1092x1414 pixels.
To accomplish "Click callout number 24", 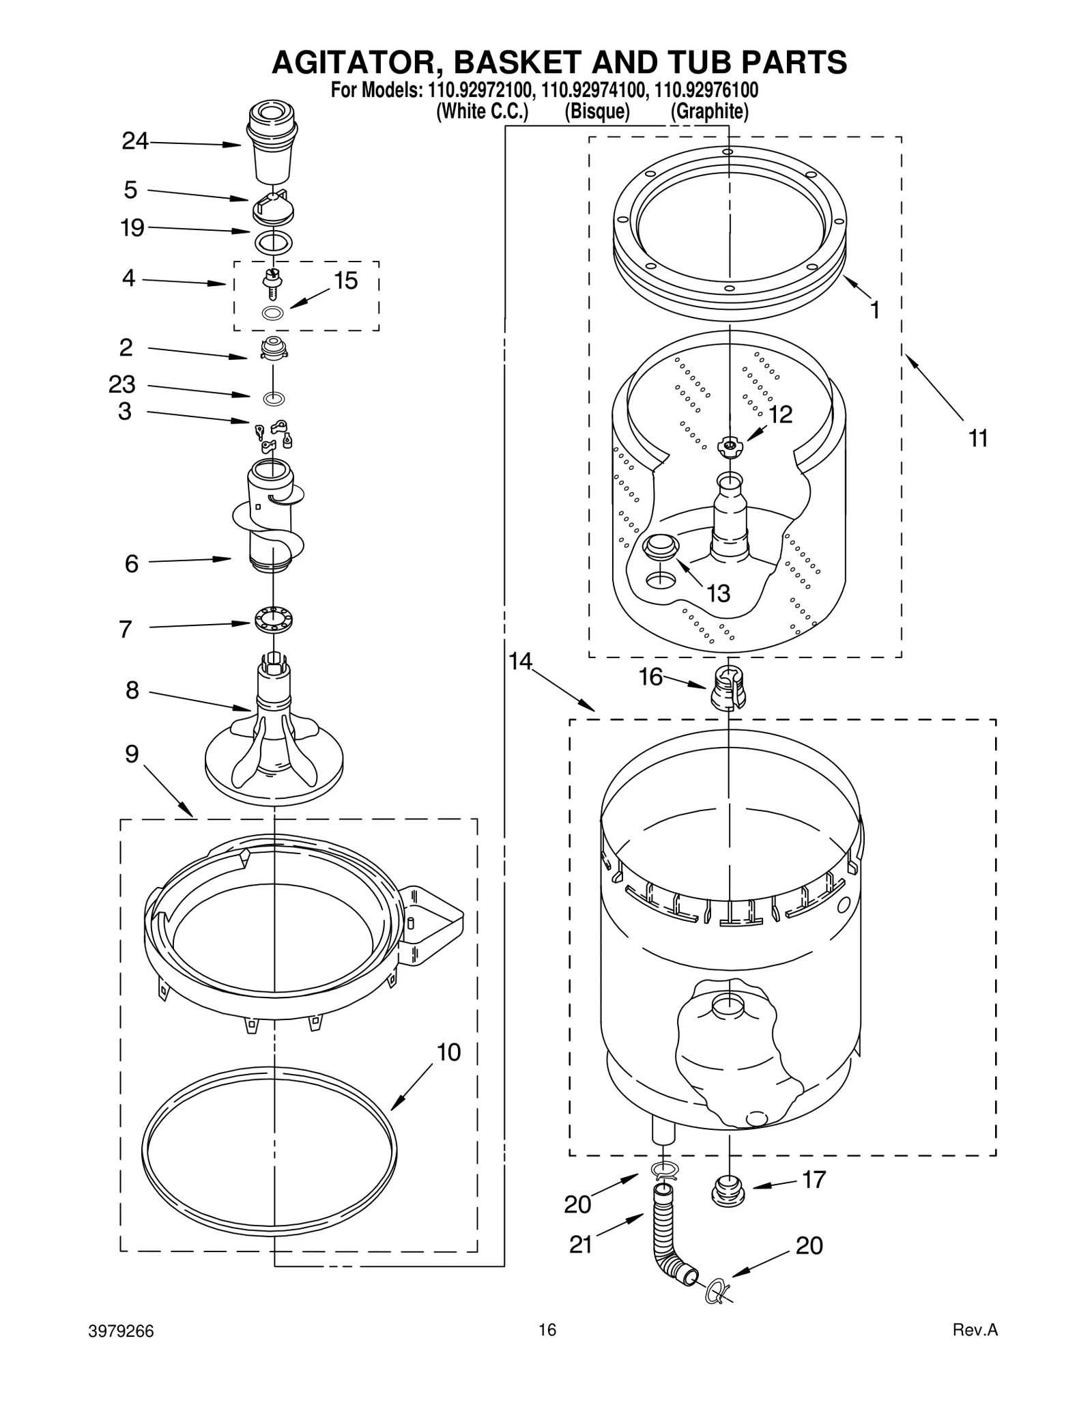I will pos(134,141).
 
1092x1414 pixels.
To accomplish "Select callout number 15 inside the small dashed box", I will pos(346,281).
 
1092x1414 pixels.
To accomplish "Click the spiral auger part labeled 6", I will pos(272,519).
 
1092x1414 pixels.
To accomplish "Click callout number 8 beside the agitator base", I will pos(132,690).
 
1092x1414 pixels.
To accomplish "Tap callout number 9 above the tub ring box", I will pos(132,754).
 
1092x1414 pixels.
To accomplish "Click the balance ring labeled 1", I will pos(729,232).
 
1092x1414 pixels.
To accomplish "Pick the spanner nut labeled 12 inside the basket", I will pos(729,446).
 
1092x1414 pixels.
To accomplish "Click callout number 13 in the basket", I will pos(718,593).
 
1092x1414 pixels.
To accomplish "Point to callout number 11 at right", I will pos(978,438).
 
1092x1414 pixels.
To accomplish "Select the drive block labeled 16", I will pos(728,689).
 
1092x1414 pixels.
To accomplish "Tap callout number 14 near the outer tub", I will pos(520,661).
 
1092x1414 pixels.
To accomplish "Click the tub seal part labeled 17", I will pos(728,1192).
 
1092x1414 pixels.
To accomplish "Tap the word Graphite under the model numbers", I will pos(709,111).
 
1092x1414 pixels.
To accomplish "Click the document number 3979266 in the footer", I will pos(121,1331).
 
